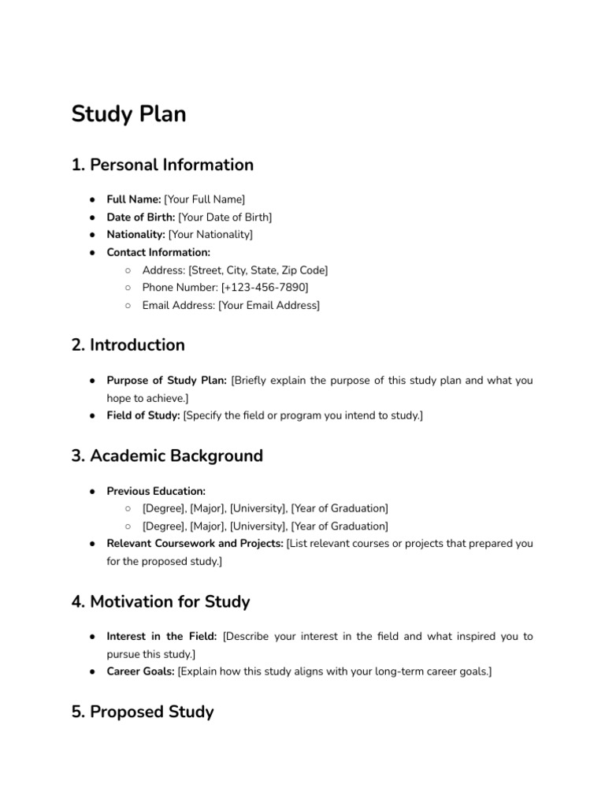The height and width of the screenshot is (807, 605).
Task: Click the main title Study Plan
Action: tap(128, 115)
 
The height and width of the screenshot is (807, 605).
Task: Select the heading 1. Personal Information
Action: tap(162, 165)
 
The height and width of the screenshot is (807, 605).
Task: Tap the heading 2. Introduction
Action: tap(128, 345)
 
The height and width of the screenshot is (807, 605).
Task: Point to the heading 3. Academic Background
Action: tap(167, 456)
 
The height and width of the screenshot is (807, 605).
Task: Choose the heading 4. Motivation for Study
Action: tap(161, 602)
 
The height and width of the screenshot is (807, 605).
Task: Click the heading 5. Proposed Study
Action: tap(143, 712)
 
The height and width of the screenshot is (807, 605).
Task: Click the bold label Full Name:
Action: tap(134, 199)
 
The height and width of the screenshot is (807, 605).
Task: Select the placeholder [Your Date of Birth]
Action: tap(225, 217)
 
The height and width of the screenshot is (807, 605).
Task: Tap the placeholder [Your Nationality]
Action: tap(210, 234)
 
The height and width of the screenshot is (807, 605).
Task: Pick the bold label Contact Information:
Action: tap(158, 252)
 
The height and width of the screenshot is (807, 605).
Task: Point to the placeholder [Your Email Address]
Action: tap(269, 305)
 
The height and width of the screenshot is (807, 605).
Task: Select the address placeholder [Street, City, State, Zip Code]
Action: tap(258, 270)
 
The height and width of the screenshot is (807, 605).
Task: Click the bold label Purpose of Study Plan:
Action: tap(166, 381)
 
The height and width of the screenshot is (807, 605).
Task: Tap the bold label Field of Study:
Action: tap(143, 415)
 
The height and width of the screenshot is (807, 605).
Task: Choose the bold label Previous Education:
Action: tap(156, 491)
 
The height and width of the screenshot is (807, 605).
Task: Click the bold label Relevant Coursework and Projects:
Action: tap(195, 544)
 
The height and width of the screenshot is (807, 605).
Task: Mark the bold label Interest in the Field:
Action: tap(161, 637)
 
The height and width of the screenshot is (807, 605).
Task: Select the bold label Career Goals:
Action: tap(140, 671)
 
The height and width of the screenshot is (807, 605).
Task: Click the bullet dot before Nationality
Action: tap(92, 235)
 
